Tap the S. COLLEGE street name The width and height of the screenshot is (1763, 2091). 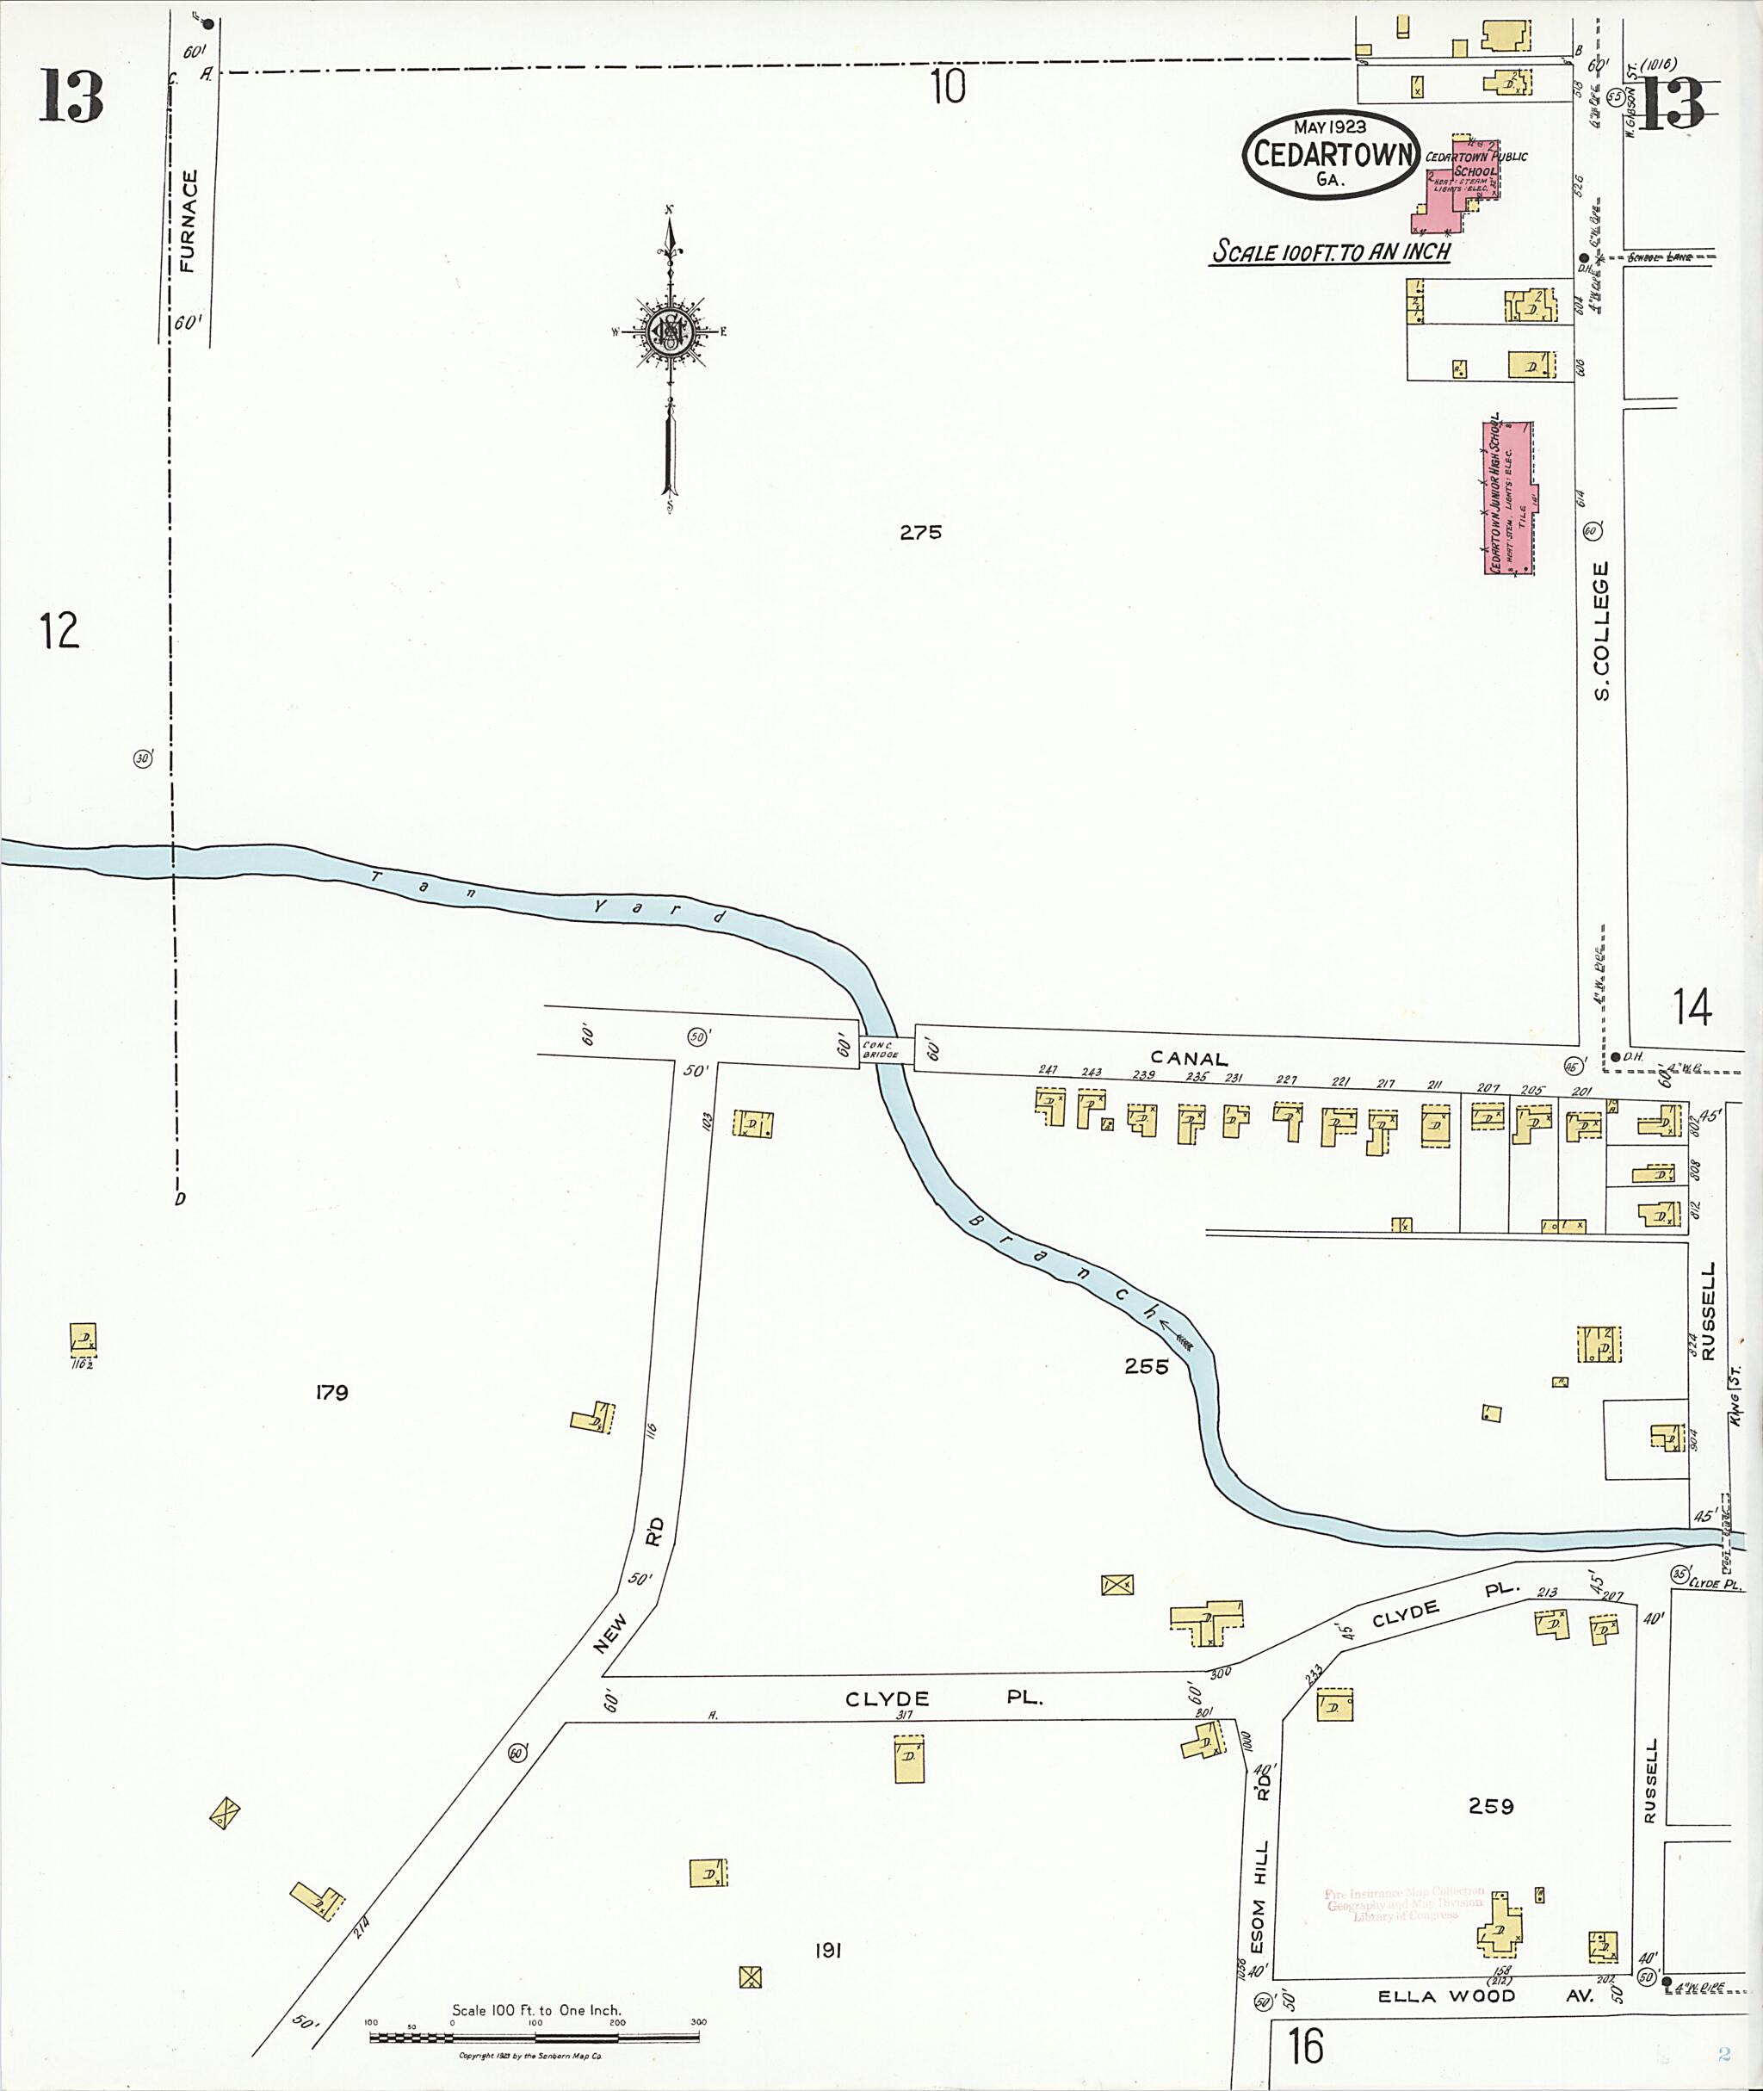click(x=1602, y=629)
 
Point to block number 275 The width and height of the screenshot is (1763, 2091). click(x=919, y=533)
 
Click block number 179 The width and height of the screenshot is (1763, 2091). click(x=331, y=1392)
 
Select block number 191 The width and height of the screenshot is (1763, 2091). click(x=827, y=1950)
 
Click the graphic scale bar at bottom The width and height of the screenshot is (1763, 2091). click(x=535, y=2034)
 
